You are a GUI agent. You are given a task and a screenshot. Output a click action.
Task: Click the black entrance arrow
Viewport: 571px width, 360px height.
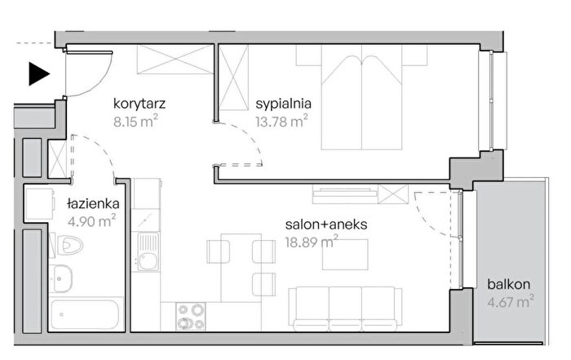38,74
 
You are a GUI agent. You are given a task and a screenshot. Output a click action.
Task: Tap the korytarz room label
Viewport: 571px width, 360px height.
139,104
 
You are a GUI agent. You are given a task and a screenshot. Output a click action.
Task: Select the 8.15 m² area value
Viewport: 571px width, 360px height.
135,122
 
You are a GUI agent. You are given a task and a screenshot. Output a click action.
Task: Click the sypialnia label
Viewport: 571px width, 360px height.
284,104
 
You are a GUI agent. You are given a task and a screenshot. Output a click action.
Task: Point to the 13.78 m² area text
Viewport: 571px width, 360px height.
281,121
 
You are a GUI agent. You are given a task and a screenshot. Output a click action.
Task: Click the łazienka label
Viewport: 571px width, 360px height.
93,203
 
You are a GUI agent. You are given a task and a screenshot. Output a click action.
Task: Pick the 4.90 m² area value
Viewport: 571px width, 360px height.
91,220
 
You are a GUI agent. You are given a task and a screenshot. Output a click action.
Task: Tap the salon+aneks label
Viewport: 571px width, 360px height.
326,224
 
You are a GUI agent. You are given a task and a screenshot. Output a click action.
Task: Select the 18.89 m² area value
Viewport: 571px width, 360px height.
312,242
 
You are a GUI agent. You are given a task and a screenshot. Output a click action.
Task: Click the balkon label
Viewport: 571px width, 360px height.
509,284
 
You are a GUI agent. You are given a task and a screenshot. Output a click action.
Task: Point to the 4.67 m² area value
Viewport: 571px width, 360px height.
511,302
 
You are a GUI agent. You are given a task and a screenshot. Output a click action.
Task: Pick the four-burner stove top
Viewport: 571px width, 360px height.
190,316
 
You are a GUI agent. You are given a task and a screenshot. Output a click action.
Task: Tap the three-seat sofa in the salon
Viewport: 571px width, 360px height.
345,309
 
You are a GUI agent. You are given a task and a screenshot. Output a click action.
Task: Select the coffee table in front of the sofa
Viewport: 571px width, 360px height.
345,255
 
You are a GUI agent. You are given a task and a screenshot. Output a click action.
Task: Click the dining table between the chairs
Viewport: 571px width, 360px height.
241,268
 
